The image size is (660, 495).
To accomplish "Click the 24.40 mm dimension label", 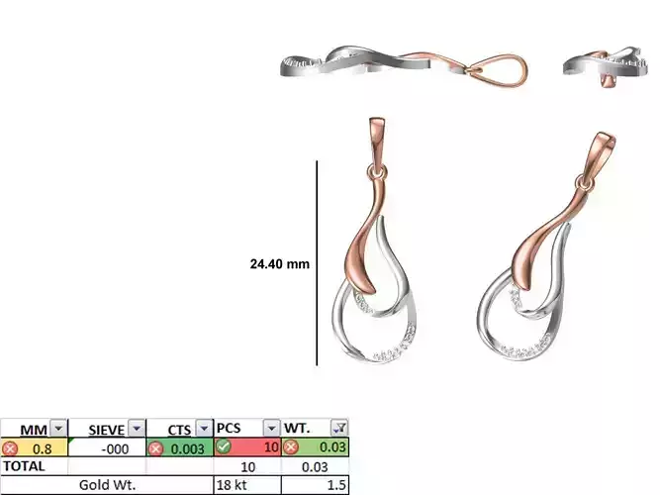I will click(280, 264).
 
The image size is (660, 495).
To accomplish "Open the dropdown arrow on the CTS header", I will click(204, 429).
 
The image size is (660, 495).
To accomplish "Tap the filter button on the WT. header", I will click(339, 429).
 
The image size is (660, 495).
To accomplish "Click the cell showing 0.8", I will click(43, 447).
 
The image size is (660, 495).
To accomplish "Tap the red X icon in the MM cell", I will click(10, 447).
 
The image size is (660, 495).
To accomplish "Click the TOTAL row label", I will click(25, 465).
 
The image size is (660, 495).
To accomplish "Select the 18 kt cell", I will click(233, 484).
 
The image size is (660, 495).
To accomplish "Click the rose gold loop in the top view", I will click(500, 70).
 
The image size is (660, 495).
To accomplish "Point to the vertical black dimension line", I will click(317, 263).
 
